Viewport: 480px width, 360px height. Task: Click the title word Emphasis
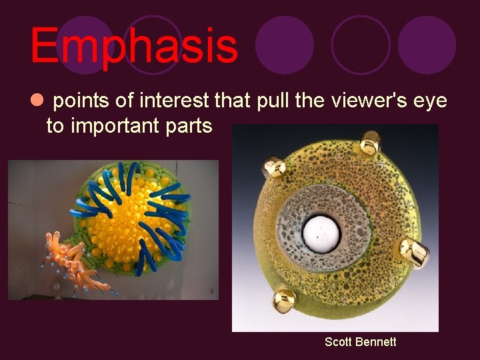133,45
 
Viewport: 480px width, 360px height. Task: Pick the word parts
189,127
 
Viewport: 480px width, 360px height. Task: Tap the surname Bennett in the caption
376,342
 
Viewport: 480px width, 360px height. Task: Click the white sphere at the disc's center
323,231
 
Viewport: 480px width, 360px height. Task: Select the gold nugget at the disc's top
370,143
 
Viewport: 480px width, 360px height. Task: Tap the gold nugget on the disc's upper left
274,167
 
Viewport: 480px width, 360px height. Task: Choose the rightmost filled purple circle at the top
427,45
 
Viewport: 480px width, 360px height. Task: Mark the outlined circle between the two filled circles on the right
361,45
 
